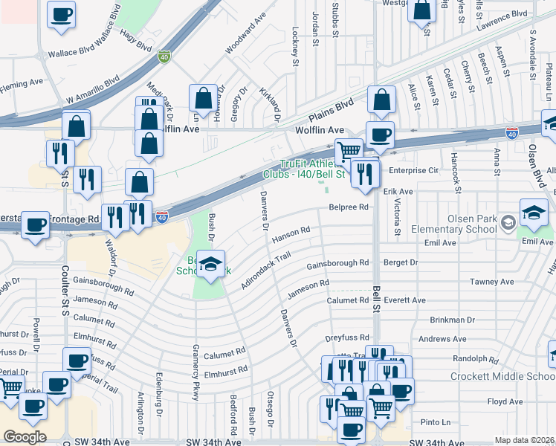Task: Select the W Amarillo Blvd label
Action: pyautogui.click(x=92, y=90)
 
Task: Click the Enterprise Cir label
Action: pyautogui.click(x=414, y=170)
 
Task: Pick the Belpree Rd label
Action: pyautogui.click(x=349, y=207)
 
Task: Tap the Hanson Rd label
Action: pyautogui.click(x=291, y=233)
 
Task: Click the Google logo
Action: pyautogui.click(x=25, y=437)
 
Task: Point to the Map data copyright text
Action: pyautogui.click(x=525, y=440)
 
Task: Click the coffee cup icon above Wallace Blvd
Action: pyautogui.click(x=61, y=13)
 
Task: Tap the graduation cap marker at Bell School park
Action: pyautogui.click(x=211, y=265)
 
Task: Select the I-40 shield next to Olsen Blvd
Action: pyautogui.click(x=511, y=132)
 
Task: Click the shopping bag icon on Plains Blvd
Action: pyautogui.click(x=381, y=100)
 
